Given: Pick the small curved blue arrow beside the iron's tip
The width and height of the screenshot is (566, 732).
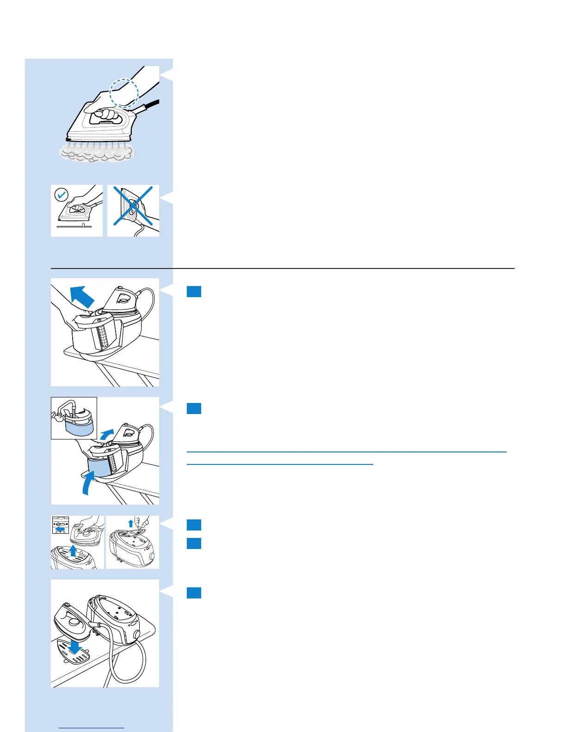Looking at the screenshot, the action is tap(107, 435).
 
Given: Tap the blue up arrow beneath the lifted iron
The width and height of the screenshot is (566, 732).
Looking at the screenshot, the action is tap(72, 551).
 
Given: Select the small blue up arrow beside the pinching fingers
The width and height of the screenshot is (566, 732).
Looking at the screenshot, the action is tap(130, 524).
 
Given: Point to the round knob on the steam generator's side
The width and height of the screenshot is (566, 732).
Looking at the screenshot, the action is tap(137, 634).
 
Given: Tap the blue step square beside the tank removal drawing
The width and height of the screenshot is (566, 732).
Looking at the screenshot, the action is tap(194, 292).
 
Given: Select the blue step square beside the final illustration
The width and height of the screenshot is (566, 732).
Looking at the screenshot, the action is tap(194, 593).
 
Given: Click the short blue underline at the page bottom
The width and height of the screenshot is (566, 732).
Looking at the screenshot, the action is tap(92, 728).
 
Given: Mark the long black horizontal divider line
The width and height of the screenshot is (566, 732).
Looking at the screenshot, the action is tap(282, 268).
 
